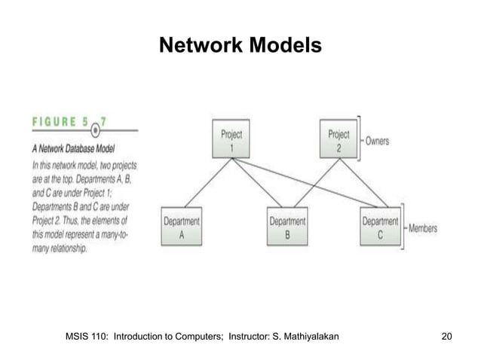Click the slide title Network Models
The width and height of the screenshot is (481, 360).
coord(240,47)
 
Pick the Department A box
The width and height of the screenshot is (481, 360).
coord(182,227)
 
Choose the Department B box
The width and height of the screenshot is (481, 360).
coord(287,227)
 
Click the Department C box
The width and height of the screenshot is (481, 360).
coord(380,227)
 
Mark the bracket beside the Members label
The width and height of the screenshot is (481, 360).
coord(405,227)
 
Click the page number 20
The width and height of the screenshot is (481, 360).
coord(446,334)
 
